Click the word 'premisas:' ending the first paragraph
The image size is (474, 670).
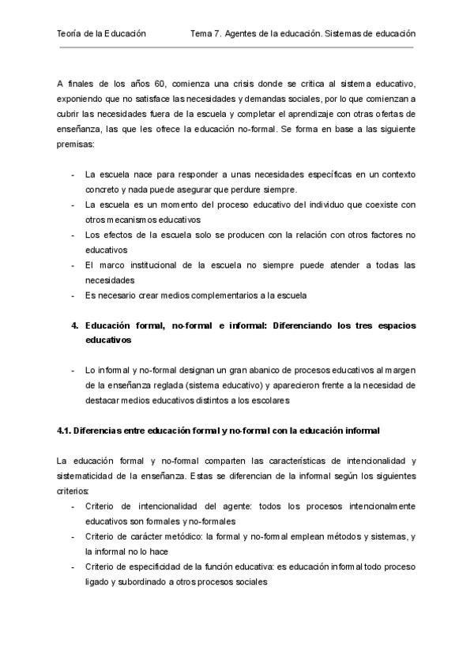[x=76, y=145]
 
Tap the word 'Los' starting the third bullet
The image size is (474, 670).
[x=93, y=235]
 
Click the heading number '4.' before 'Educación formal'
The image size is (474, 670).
[x=75, y=325]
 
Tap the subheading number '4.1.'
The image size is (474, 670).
[x=66, y=431]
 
